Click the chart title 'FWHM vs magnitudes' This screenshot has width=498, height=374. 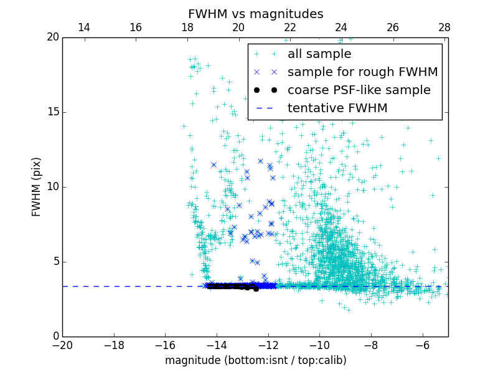(255, 14)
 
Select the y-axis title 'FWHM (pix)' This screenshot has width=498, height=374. (37, 187)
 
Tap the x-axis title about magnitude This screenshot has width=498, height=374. (255, 360)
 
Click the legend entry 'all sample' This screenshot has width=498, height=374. (319, 54)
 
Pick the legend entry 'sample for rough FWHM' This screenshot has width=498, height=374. (362, 72)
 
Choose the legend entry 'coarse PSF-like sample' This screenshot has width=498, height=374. (359, 90)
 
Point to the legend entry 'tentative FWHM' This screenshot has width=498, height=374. (337, 108)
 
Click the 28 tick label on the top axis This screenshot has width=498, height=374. (444, 27)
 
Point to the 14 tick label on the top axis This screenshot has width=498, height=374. (83, 27)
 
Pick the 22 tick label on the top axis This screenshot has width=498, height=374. (290, 27)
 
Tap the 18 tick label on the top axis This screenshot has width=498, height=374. (187, 27)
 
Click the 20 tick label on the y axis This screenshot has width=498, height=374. (52, 37)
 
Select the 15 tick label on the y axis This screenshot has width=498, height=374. (52, 112)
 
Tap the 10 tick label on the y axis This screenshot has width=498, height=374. (52, 187)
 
